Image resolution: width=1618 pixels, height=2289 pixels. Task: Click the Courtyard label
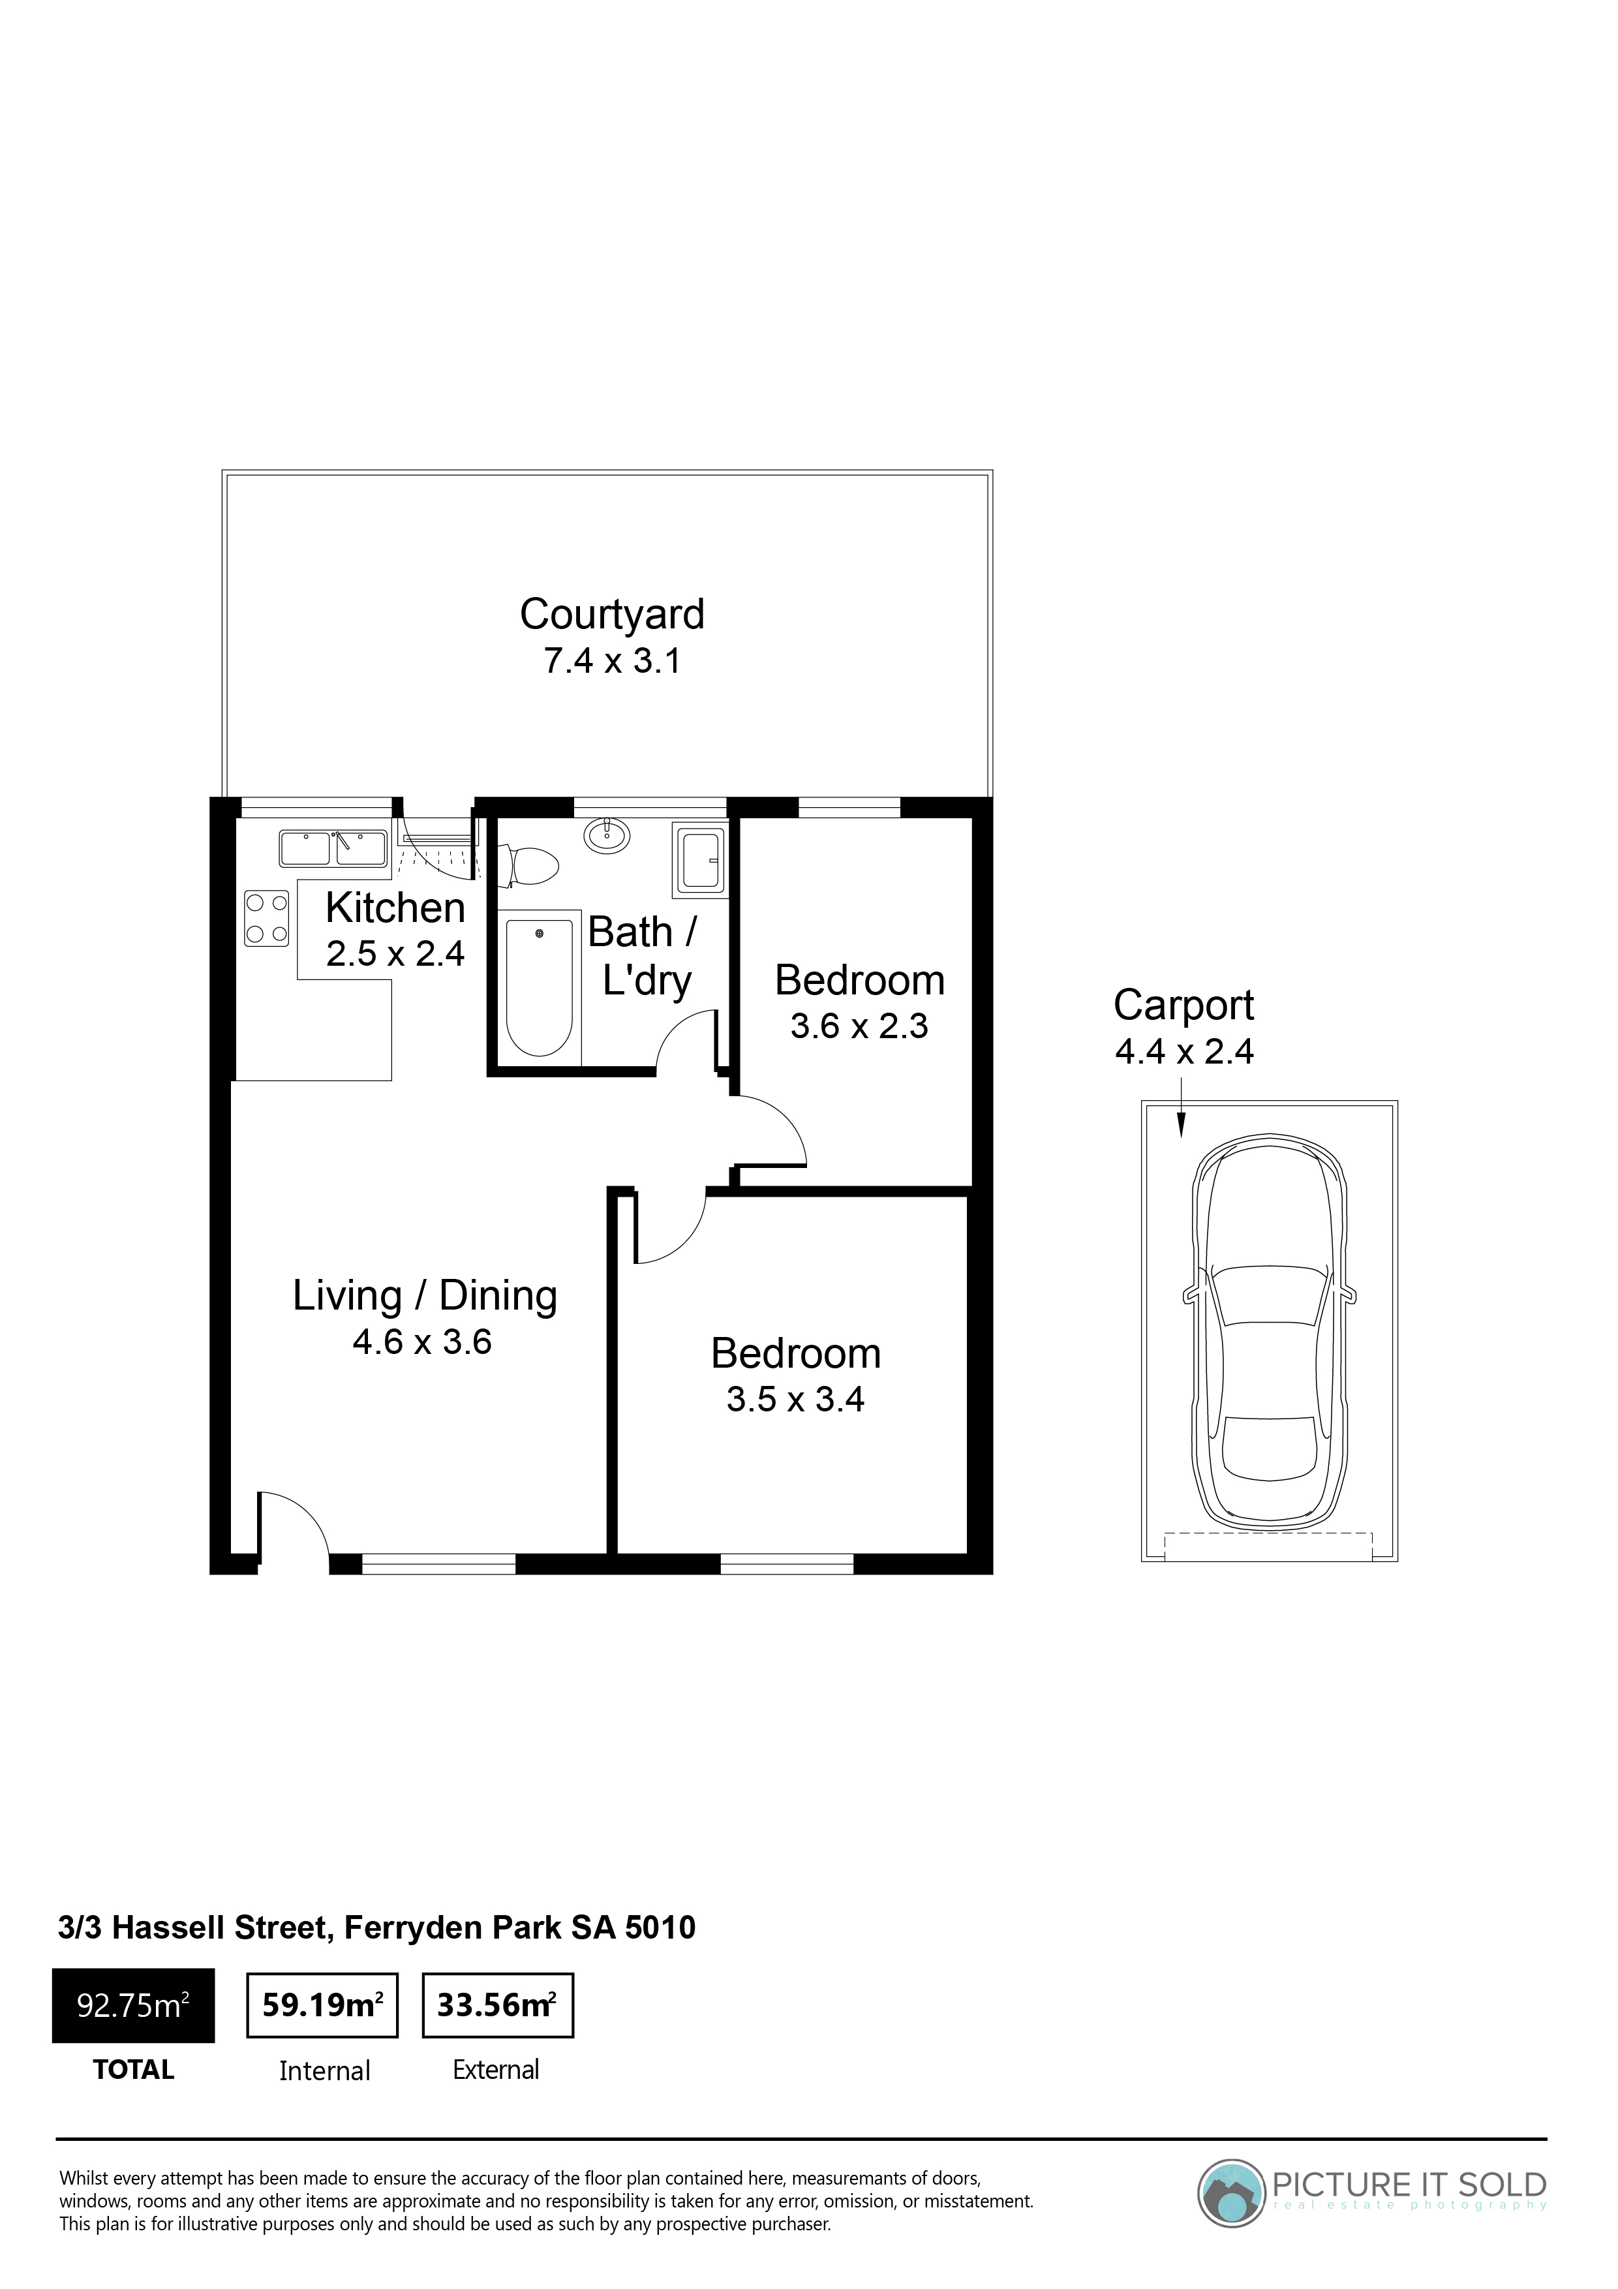tap(612, 616)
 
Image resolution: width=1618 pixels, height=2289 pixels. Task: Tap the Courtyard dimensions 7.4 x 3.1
tap(612, 661)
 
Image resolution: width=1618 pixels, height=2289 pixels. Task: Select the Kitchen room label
tap(396, 908)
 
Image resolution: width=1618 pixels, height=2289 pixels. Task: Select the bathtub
tap(540, 987)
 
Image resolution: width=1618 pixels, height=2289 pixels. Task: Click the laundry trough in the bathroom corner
tap(703, 859)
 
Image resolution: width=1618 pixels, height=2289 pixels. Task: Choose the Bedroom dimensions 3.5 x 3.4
tap(795, 1400)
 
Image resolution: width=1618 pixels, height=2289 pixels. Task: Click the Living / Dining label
tap(425, 1296)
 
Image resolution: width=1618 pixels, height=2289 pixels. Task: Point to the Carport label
tap(1183, 1006)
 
